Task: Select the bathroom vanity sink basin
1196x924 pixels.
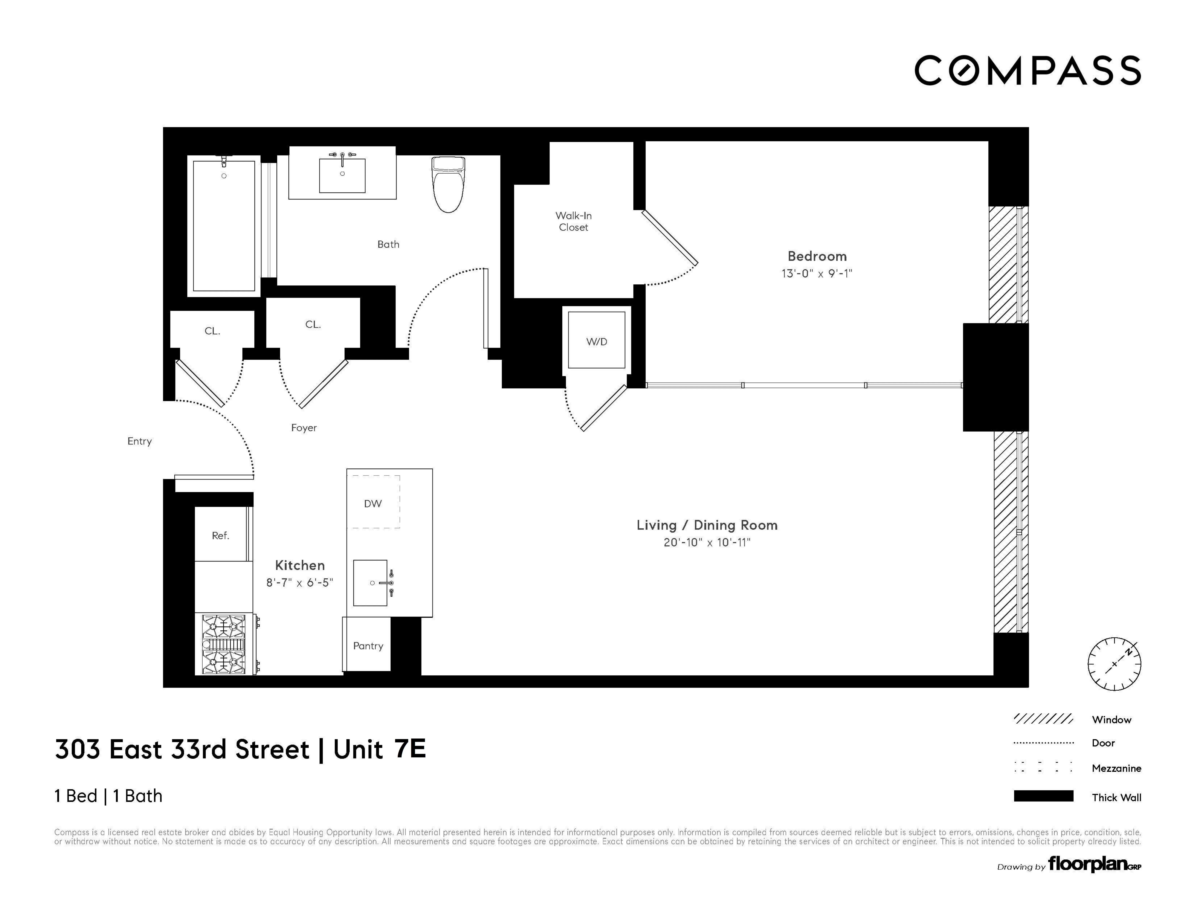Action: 342,176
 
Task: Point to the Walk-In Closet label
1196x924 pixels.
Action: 573,221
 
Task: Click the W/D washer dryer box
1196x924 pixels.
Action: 596,340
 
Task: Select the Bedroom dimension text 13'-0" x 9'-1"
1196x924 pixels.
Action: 817,273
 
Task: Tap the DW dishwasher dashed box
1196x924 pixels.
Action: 373,502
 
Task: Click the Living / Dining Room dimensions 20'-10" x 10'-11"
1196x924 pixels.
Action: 706,542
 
